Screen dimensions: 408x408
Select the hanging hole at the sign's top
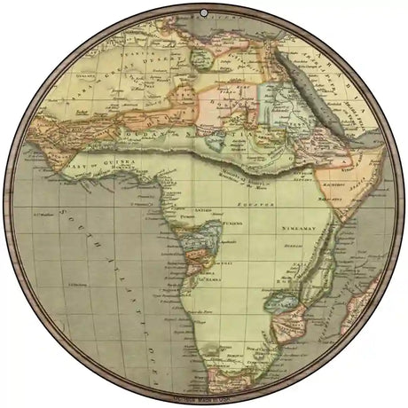point(204,12)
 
